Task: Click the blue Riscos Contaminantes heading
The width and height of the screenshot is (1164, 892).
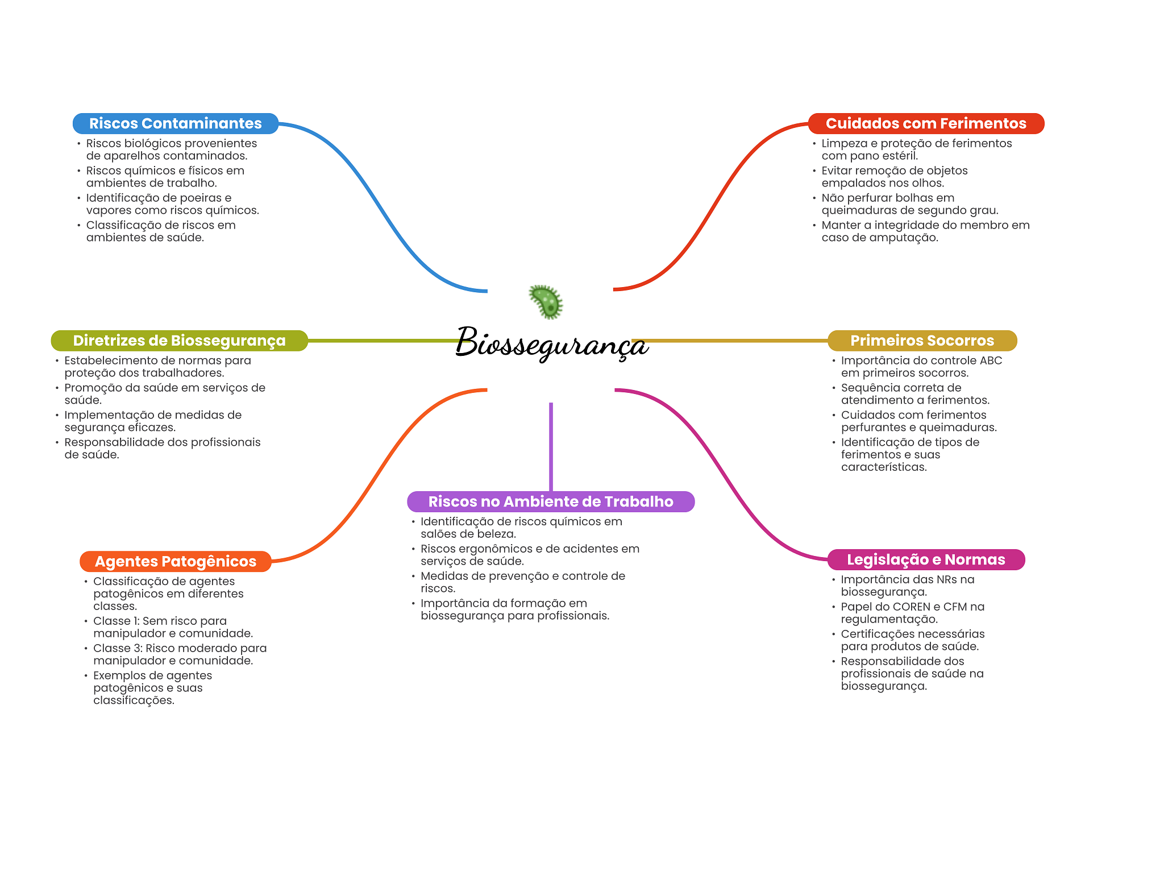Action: pyautogui.click(x=176, y=123)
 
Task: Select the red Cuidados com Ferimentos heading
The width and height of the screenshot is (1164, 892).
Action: pyautogui.click(x=926, y=123)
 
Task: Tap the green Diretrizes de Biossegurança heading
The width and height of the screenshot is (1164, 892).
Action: pyautogui.click(x=179, y=341)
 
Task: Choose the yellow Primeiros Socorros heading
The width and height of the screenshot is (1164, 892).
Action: pyautogui.click(x=922, y=341)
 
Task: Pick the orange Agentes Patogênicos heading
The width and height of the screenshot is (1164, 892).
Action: pyautogui.click(x=176, y=561)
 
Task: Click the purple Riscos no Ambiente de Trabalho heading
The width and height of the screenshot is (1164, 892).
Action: pyautogui.click(x=551, y=501)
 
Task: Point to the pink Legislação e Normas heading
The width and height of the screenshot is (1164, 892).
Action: pyautogui.click(x=926, y=559)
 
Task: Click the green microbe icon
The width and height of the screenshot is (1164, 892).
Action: pyautogui.click(x=546, y=301)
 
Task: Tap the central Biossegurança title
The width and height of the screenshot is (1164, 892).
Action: pyautogui.click(x=551, y=343)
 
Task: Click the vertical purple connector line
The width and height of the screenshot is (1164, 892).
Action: pyautogui.click(x=551, y=447)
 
